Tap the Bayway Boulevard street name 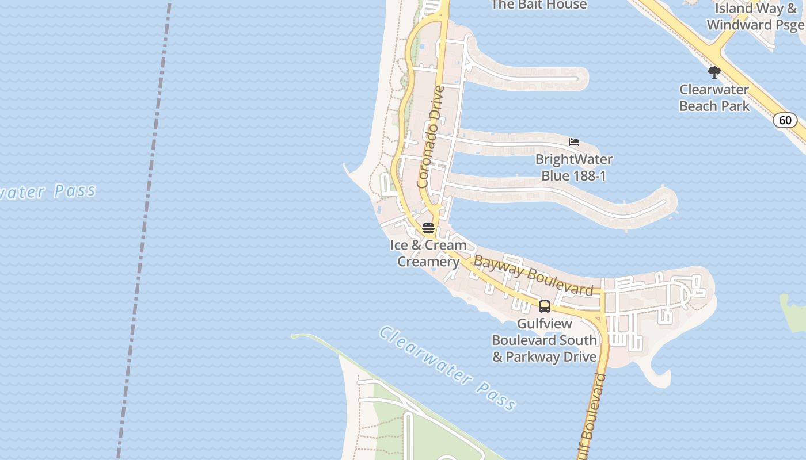[x=533, y=277]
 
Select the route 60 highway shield [x=785, y=120]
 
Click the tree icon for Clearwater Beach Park [x=714, y=72]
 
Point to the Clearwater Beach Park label [x=714, y=98]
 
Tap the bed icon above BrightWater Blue [x=573, y=142]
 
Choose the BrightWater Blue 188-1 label [x=573, y=167]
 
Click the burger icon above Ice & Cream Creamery [x=428, y=228]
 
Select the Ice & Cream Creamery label [x=428, y=254]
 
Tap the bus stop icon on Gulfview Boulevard [x=544, y=306]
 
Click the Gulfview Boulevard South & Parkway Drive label [x=544, y=340]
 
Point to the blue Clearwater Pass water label [x=447, y=369]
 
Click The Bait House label [x=538, y=5]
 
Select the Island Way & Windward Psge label [x=755, y=17]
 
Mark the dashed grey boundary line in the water [x=143, y=230]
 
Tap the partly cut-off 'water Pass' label [x=49, y=191]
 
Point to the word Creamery [x=428, y=262]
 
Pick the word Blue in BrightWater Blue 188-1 [x=555, y=176]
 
